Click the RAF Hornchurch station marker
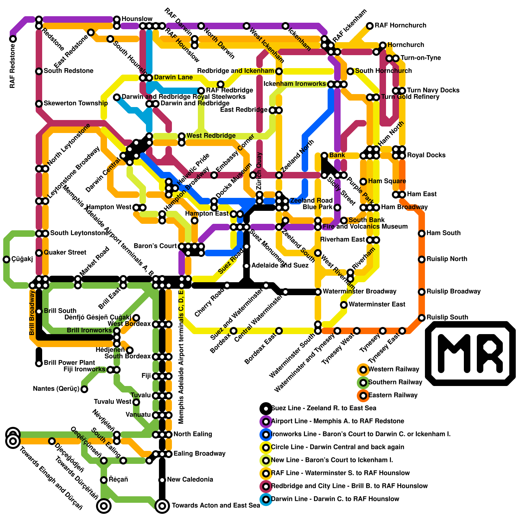[x=370, y=26]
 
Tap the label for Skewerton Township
[x=76, y=103]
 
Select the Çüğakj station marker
[x=6, y=259]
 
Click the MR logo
[x=470, y=353]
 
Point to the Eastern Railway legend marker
[x=363, y=395]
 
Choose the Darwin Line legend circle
[x=266, y=499]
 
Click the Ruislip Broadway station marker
[x=422, y=292]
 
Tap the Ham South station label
[x=443, y=233]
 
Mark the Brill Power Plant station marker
[x=39, y=363]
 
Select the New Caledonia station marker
[x=162, y=480]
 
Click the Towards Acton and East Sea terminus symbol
[x=162, y=505]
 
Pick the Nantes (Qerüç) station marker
[x=84, y=389]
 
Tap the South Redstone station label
[x=68, y=71]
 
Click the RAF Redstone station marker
[x=13, y=39]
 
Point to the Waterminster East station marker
[x=344, y=305]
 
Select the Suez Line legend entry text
[x=324, y=408]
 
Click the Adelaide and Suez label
[x=280, y=265]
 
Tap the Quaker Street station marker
[x=39, y=253]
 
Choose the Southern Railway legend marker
[x=363, y=382]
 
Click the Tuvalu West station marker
[x=136, y=402]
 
